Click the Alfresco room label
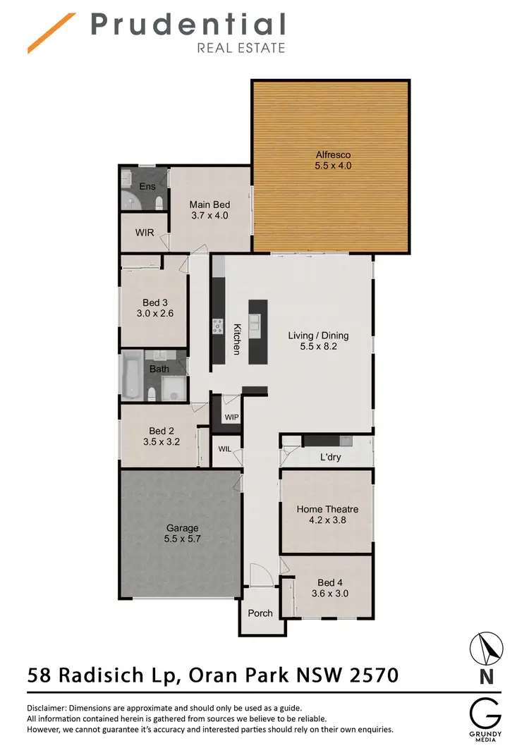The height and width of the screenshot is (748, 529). click(333, 155)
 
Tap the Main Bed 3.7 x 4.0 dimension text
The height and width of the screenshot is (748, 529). click(209, 216)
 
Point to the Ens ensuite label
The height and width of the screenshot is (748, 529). click(147, 186)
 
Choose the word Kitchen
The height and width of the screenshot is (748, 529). click(238, 338)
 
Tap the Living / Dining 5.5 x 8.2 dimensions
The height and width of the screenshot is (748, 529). click(318, 347)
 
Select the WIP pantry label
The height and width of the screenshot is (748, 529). click(231, 417)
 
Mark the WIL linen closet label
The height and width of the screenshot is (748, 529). click(225, 449)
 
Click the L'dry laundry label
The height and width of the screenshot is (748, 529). click(331, 458)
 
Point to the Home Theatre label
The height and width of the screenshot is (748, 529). click(327, 509)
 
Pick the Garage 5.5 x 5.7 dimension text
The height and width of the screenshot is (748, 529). click(182, 539)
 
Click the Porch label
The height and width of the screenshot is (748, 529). click(260, 613)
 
